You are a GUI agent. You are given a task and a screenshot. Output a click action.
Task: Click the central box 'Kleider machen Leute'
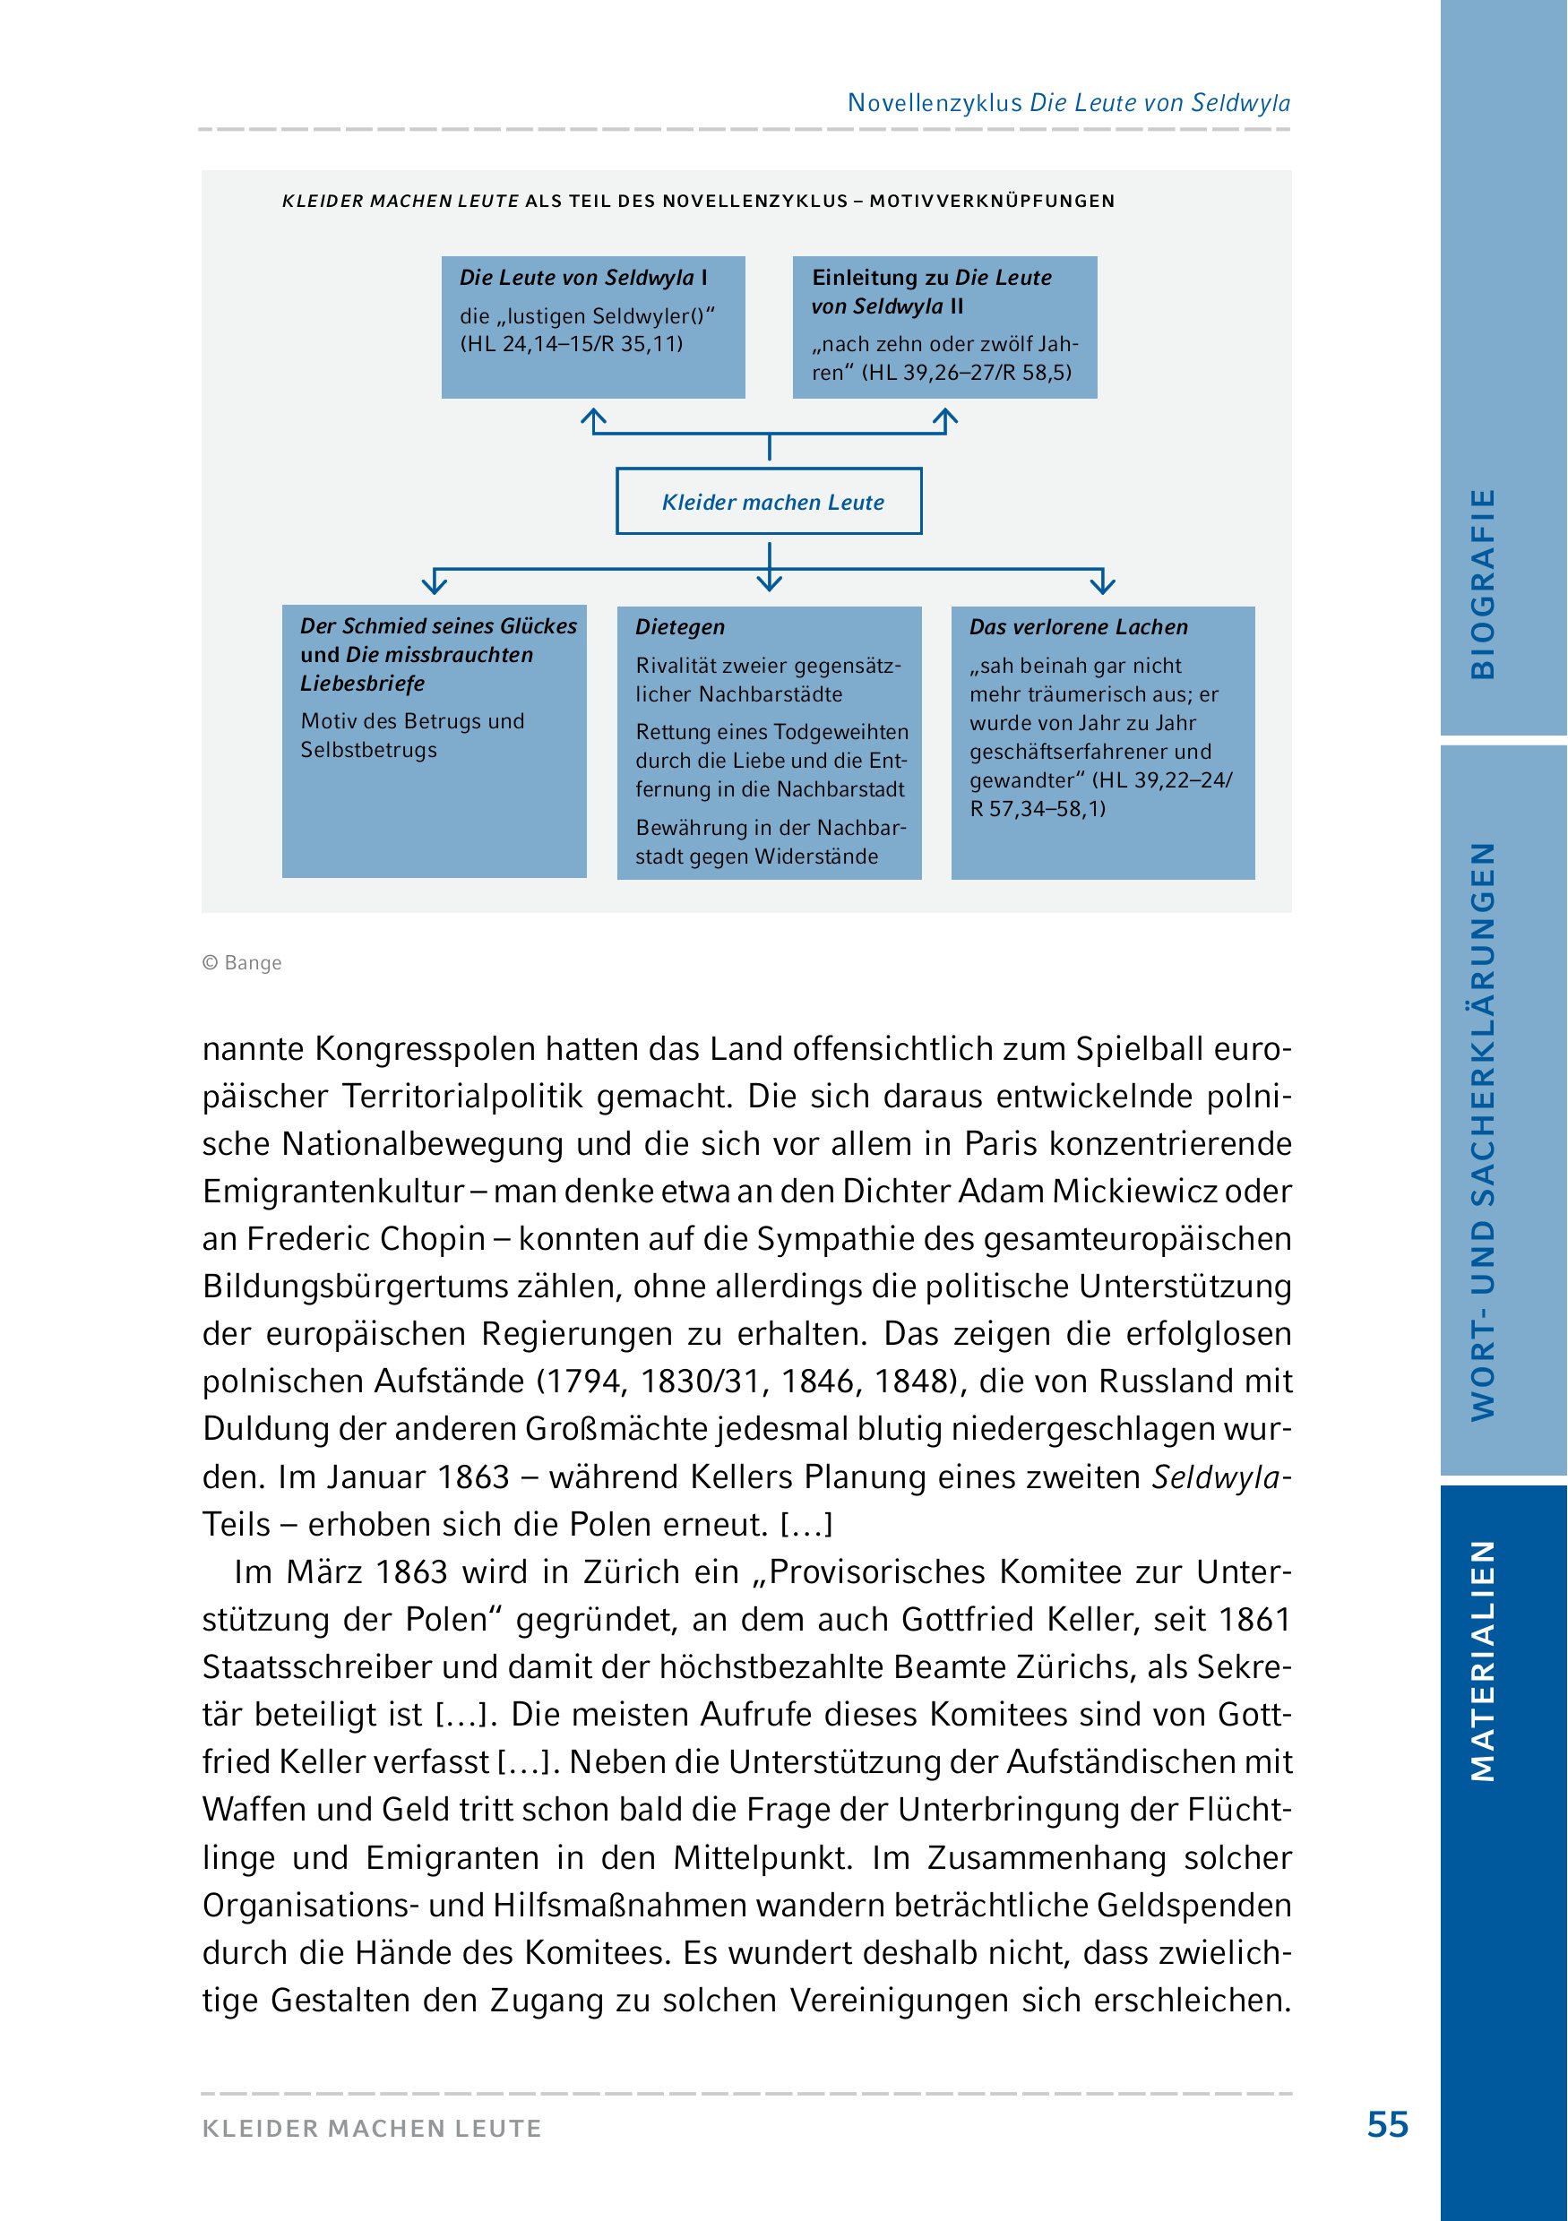point(769,501)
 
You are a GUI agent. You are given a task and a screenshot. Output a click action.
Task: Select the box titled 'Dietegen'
point(769,742)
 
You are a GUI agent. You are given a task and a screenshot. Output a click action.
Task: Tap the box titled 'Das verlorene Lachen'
point(1103,742)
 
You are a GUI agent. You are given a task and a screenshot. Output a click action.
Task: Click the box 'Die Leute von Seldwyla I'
point(593,327)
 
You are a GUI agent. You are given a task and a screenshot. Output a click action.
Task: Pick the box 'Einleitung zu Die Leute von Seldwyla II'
point(944,327)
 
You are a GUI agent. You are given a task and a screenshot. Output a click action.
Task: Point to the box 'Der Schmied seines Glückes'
point(435,742)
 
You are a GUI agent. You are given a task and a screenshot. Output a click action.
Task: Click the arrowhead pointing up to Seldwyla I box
point(593,418)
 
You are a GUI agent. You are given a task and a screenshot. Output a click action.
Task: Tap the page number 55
point(1387,2124)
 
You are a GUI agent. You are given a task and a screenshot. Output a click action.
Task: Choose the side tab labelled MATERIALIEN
point(1483,1660)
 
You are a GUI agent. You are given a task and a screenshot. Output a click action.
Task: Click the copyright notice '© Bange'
point(242,962)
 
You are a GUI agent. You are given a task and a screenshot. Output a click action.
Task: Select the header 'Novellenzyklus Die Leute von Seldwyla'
point(1068,102)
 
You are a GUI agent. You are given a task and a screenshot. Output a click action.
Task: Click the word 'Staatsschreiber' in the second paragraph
point(314,1666)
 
